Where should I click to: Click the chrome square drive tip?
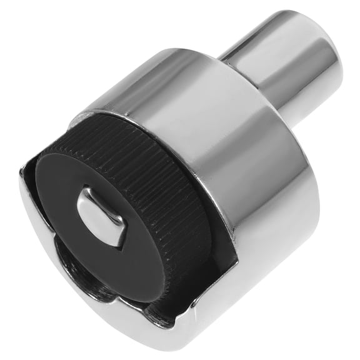point(100,216)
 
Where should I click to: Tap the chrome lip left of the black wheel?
point(34,206)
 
